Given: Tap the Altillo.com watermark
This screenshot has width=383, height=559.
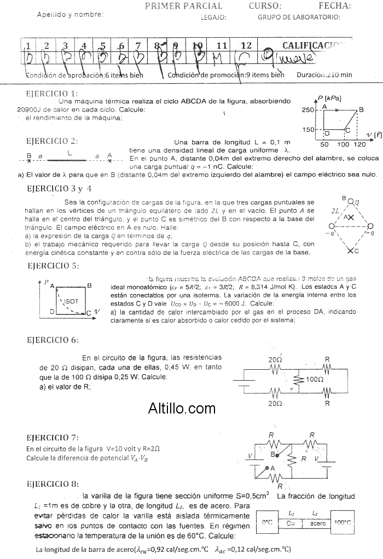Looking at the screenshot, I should tap(182, 407).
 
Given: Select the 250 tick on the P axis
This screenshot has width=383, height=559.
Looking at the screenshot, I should tap(308, 110).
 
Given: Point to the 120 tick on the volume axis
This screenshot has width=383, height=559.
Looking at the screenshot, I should tap(359, 144).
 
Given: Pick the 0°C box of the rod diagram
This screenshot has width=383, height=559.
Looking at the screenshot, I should tap(268, 523).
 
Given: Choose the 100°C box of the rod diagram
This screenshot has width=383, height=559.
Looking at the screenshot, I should tap(342, 523).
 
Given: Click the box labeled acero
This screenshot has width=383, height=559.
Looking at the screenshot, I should tap(318, 523).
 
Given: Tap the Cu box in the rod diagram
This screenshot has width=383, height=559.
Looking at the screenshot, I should tap(291, 523).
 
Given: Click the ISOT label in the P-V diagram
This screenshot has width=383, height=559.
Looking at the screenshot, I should tap(71, 301).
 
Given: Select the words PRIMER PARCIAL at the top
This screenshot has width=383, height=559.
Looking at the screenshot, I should tap(183, 6).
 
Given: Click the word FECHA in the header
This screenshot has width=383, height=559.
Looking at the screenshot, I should tap(334, 6).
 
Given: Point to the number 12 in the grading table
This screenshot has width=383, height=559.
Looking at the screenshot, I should tap(247, 45).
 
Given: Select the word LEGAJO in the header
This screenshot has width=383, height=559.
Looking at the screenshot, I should tap(213, 17).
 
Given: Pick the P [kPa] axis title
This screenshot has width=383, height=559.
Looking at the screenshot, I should tap(329, 98).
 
